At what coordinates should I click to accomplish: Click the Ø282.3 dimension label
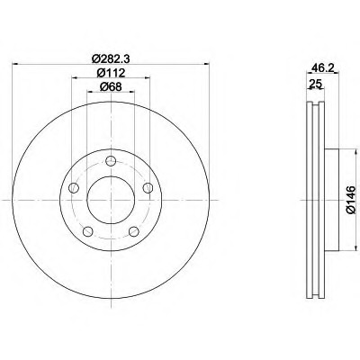pos(111,58)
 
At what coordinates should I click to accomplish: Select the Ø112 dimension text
pos(111,73)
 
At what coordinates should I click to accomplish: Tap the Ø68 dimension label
pos(111,87)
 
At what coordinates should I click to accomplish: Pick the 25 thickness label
pos(315,83)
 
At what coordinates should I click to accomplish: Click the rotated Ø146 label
pos(351,200)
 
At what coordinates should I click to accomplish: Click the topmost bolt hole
pos(111,161)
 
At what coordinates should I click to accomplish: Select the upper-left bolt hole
pos(74,188)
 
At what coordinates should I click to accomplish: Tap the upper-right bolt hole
pos(148,188)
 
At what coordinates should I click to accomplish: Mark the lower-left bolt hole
pos(87,231)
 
